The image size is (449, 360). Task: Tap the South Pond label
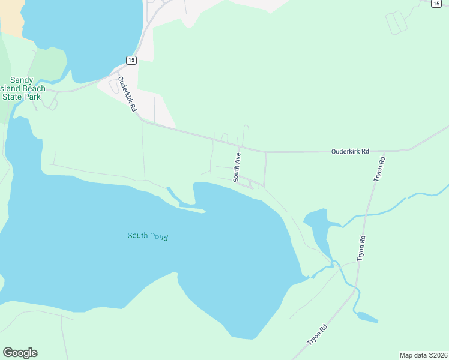point(148,236)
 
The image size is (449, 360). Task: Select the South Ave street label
point(237,167)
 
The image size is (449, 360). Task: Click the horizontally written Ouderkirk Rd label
point(350,152)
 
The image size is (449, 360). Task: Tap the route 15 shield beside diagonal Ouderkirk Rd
point(131,59)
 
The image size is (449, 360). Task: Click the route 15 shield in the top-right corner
point(436,3)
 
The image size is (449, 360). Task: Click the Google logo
point(20,353)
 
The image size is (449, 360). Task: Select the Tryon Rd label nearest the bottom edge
point(317,334)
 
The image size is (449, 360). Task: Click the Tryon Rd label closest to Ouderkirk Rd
point(379,169)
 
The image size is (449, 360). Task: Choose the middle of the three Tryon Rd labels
point(361,247)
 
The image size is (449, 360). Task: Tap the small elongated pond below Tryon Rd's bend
point(366,316)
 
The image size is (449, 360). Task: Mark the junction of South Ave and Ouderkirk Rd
point(240,146)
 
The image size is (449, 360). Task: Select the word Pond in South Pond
point(159,237)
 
